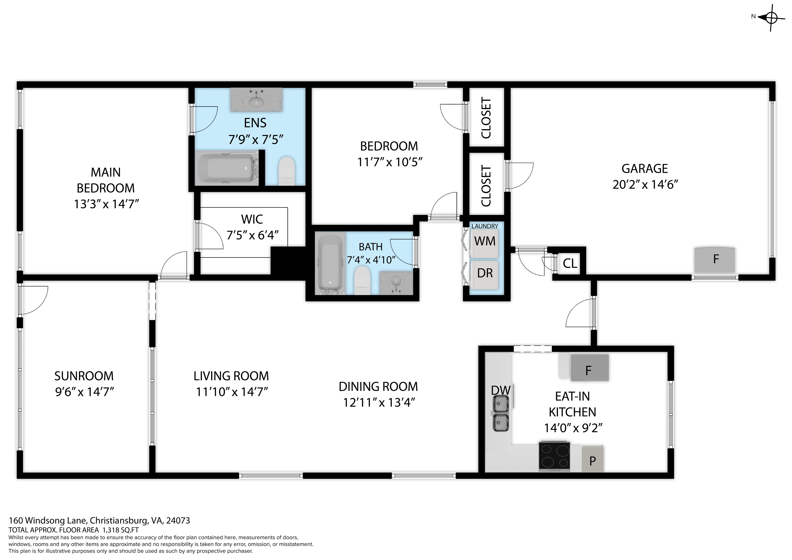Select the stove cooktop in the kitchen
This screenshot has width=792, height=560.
click(554, 456)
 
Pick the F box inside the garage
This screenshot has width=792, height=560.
click(715, 259)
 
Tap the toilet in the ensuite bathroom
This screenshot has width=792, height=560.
click(287, 170)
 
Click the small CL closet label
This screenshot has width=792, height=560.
click(570, 263)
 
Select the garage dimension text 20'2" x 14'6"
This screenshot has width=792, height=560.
click(645, 185)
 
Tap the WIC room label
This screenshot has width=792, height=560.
click(252, 219)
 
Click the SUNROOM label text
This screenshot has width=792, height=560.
click(84, 376)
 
